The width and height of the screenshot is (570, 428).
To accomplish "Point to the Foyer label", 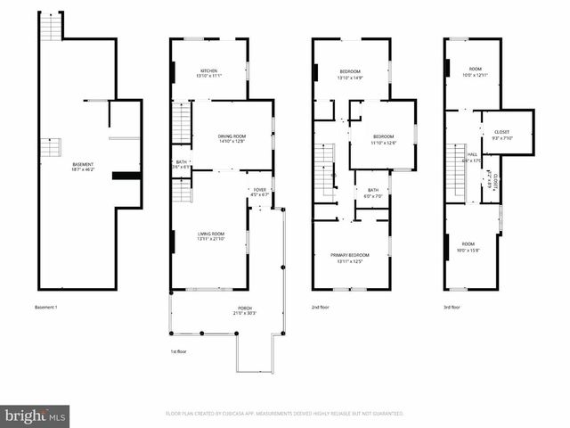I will [260, 191].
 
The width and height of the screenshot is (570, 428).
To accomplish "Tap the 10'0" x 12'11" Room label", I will [476, 71].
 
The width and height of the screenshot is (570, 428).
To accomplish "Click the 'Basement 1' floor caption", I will [45, 308].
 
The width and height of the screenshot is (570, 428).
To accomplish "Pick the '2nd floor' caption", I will [322, 308].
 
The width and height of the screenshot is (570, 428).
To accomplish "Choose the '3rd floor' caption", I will [452, 308].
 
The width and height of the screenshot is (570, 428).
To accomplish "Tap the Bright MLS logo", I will [36, 416].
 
